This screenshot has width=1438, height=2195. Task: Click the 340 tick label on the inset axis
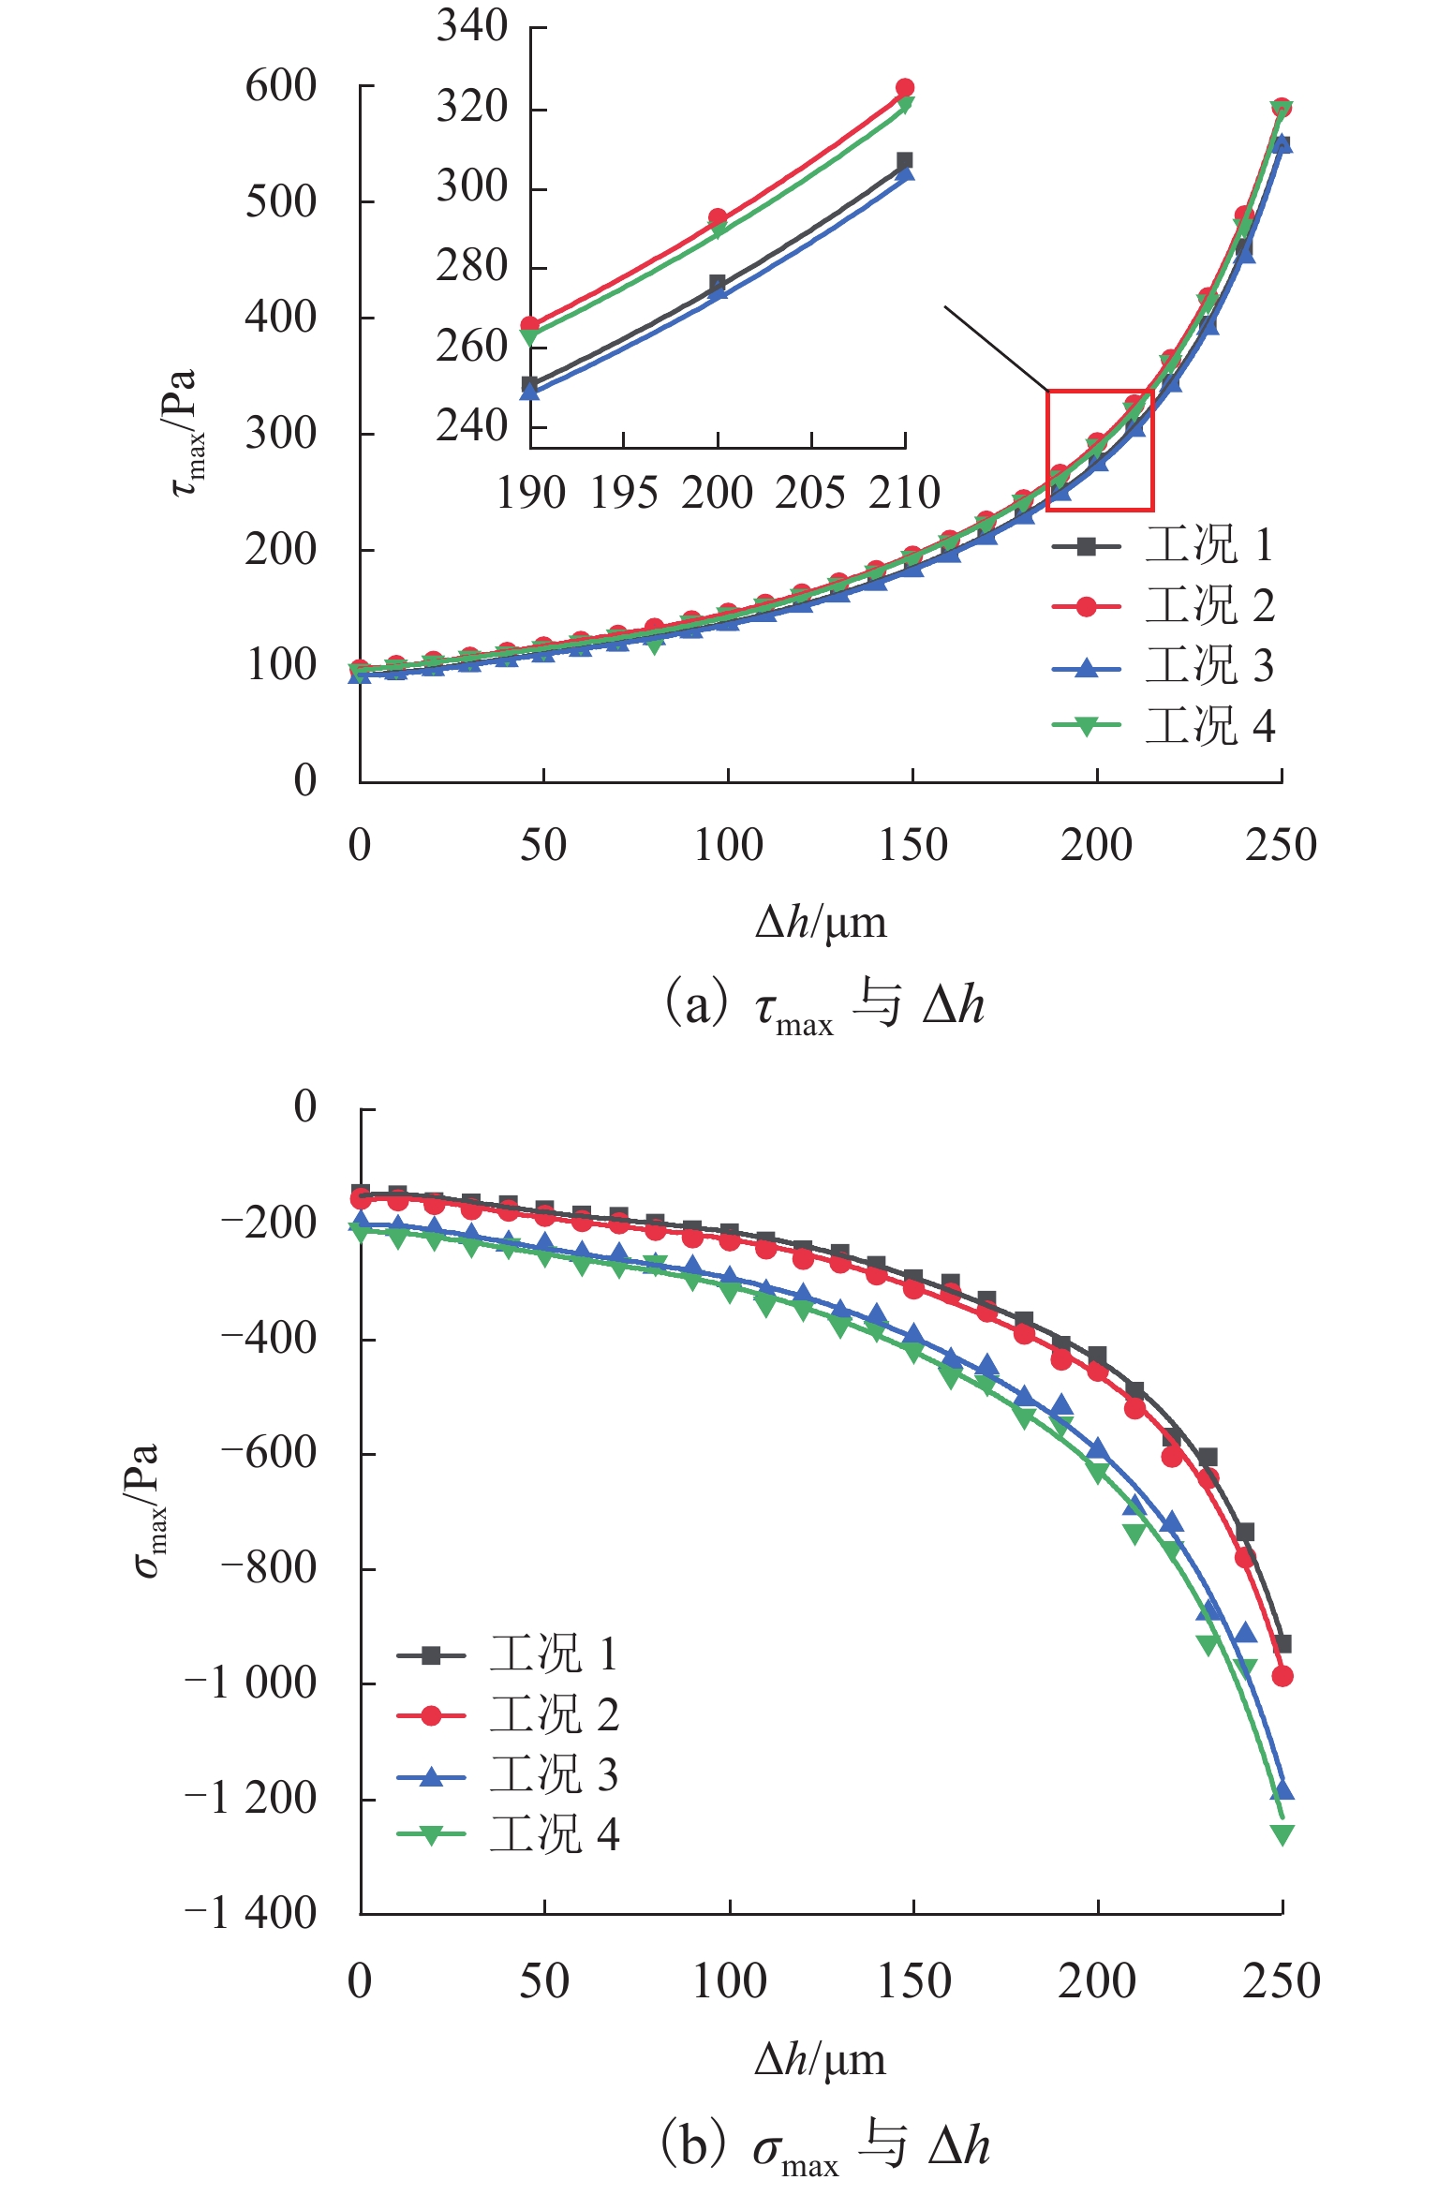pos(471,26)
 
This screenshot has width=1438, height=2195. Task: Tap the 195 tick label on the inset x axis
pos(624,493)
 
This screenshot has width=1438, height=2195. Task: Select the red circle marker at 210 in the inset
pos(905,88)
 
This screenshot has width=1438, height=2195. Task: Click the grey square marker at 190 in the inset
pos(529,384)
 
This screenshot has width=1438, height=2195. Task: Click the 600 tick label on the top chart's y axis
pos(281,86)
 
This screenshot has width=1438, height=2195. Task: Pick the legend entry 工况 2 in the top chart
pos(1208,606)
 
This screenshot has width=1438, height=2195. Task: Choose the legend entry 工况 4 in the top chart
pos(1208,726)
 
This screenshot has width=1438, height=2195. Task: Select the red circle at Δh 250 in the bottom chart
pos(1282,1676)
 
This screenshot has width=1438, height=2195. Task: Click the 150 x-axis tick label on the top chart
pos(912,845)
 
